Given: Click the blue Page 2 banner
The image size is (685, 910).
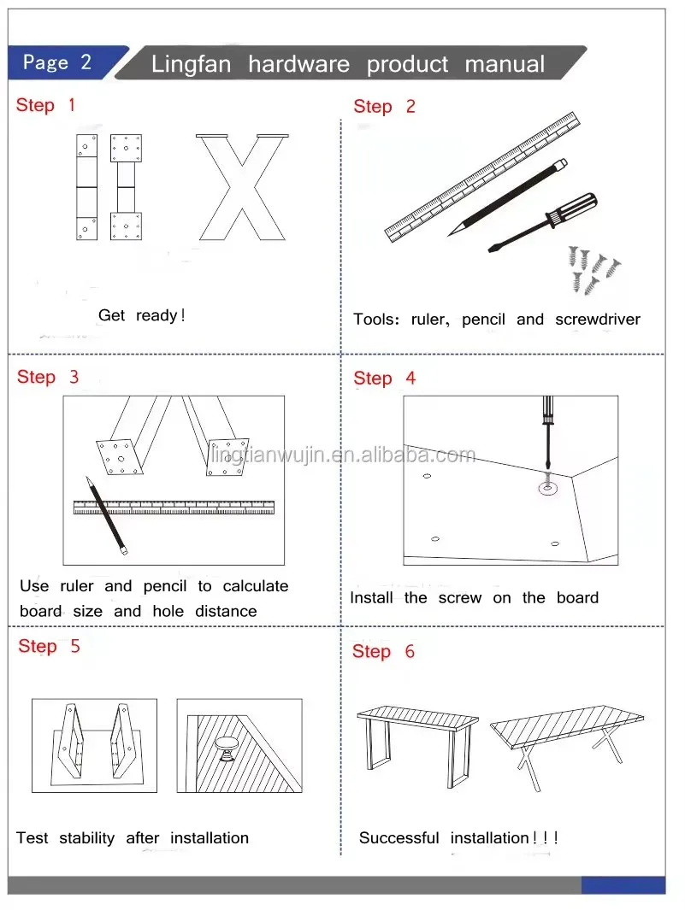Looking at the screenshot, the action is (65, 62).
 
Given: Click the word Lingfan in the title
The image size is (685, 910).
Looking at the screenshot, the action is (192, 64).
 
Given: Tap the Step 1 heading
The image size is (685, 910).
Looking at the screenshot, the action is (45, 105).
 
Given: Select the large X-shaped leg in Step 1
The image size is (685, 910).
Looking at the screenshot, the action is (242, 187).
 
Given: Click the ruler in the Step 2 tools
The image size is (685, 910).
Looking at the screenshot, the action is (482, 176).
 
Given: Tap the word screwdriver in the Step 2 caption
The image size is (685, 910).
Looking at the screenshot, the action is (597, 320).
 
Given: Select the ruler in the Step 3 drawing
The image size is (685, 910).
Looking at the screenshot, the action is (174, 508).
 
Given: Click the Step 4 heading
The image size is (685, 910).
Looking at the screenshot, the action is (384, 379).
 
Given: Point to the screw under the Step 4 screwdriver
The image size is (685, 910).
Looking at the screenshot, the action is (547, 483).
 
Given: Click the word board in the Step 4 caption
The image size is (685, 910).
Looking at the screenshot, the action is (577, 598).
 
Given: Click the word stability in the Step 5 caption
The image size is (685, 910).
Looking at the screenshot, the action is (87, 838).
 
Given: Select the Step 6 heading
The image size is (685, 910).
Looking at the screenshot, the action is (383, 651).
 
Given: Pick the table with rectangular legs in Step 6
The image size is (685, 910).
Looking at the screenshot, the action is (417, 743).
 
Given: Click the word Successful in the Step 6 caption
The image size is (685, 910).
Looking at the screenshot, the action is (399, 838).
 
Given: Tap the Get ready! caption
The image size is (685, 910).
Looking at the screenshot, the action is (142, 315).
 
